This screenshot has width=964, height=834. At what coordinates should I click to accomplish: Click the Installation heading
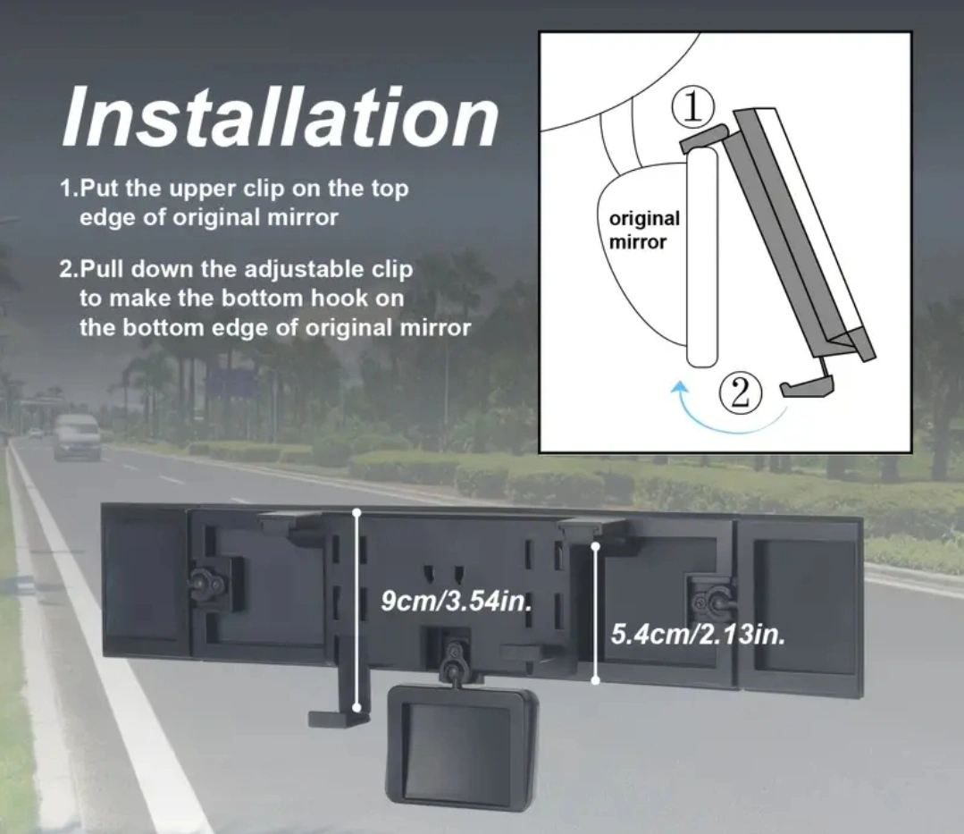pyautogui.click(x=281, y=116)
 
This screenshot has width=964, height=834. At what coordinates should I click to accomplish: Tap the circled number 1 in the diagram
pyautogui.click(x=693, y=107)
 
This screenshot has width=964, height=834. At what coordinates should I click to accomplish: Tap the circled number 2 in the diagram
pyautogui.click(x=741, y=392)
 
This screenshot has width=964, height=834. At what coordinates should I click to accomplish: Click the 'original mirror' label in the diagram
pyautogui.click(x=643, y=230)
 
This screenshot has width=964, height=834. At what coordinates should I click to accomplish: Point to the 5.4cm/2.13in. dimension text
pyautogui.click(x=698, y=634)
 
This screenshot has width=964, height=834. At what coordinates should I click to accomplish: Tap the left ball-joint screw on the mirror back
pyautogui.click(x=201, y=578)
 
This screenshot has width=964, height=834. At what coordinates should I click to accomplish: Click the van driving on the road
pyautogui.click(x=76, y=435)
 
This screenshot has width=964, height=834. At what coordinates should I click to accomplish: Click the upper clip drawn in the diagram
pyautogui.click(x=704, y=138)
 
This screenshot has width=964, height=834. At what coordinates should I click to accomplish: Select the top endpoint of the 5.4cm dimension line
pyautogui.click(x=595, y=546)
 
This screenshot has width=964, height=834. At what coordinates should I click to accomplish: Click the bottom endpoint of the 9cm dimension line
pyautogui.click(x=357, y=708)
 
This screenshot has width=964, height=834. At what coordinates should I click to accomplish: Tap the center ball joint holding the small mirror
pyautogui.click(x=455, y=662)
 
